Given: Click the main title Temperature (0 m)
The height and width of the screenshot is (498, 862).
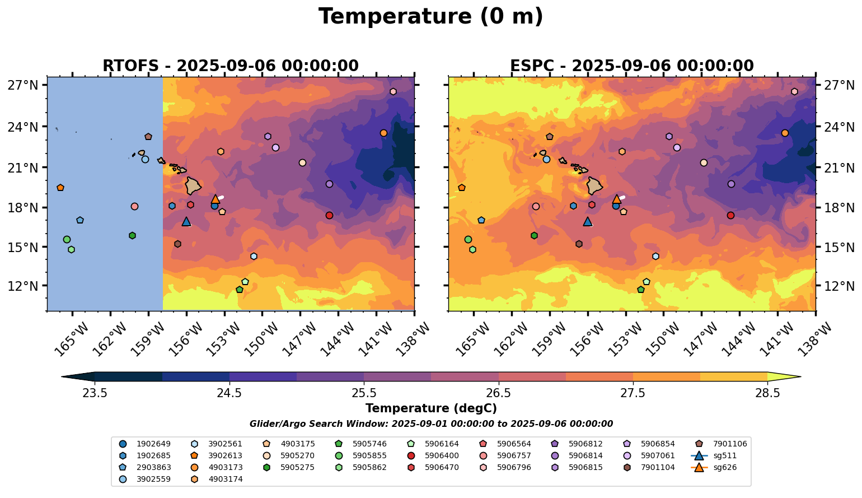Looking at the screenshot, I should pos(430,17).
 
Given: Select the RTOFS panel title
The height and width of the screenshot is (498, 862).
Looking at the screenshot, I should pos(230,66).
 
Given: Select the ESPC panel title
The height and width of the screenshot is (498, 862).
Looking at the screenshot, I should pos(631,66).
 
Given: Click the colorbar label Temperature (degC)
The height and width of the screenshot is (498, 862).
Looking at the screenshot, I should pos(430,408).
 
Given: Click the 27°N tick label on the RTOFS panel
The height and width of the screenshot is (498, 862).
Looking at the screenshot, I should pos(23,86).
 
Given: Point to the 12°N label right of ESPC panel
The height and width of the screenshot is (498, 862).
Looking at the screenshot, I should pos(839,286).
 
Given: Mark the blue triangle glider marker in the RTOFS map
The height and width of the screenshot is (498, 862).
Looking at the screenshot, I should pos(186,221).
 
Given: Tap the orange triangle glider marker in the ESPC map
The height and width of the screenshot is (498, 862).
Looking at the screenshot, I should pos(616,199).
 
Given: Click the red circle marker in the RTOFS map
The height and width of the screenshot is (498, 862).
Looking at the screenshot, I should pos(329,215).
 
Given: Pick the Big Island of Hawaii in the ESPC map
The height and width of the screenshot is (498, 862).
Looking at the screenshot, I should pos(594,185).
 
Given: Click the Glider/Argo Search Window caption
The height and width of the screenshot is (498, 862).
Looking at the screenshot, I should pos(430,424).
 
